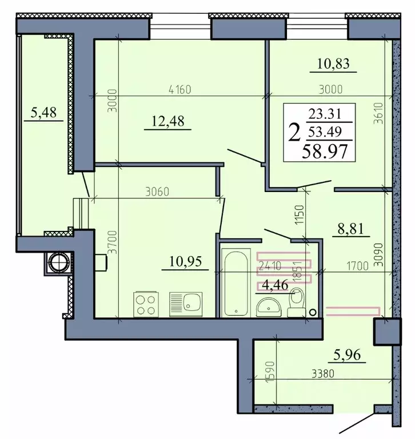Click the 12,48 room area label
pos(167,121)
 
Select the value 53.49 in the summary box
pos(323,133)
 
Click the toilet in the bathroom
pos(296,303)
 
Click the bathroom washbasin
pos(268,306)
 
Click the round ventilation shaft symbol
pos(57,262)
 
